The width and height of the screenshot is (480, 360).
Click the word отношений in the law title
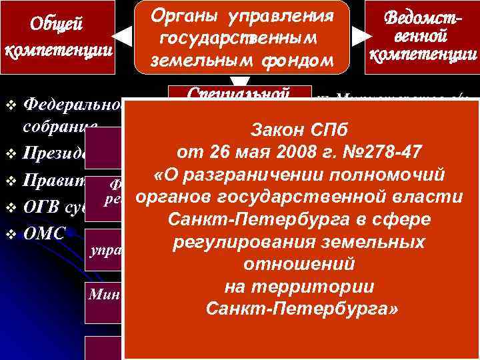[299, 265]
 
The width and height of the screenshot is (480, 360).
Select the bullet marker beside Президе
[9, 155]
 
